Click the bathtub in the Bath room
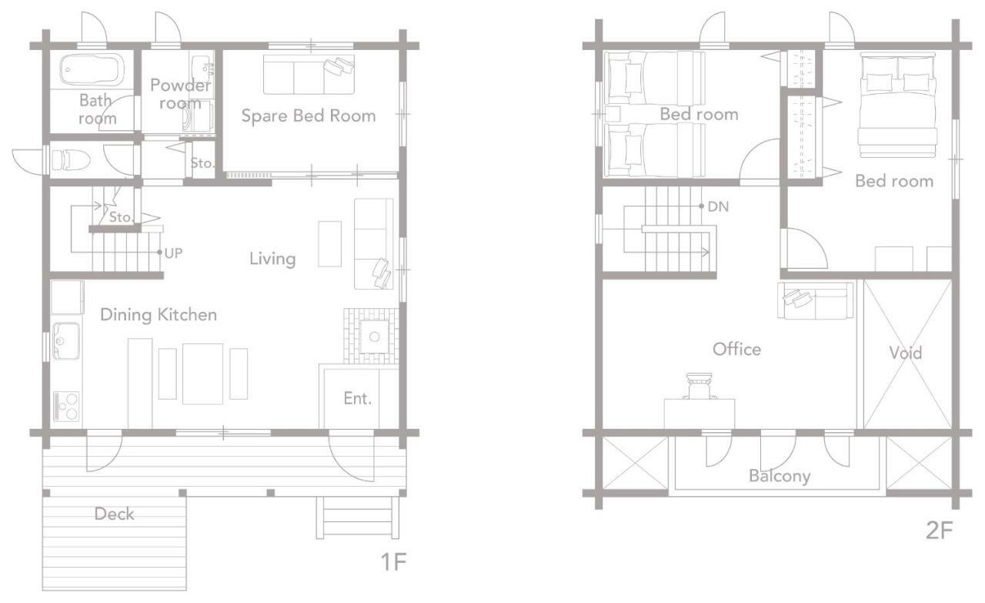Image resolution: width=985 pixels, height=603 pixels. point(92,69)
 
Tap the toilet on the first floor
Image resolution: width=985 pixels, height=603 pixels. point(71,159)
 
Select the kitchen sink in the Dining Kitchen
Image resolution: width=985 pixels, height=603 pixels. point(66,340)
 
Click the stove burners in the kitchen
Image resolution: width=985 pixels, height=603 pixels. point(66,407)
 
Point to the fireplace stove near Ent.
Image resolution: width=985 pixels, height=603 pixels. point(374,337)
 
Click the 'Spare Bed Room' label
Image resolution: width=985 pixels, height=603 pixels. point(309,116)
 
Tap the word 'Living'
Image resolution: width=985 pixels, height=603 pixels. point(272,259)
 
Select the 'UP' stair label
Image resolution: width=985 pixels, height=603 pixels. point(173,253)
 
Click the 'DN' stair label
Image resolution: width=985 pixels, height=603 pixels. point(718,206)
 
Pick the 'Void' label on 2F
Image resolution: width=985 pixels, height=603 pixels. point(906,353)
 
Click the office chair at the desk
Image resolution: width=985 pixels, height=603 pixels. point(700,387)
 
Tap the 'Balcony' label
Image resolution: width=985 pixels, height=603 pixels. point(780,476)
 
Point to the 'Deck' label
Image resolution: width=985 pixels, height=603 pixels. point(114,514)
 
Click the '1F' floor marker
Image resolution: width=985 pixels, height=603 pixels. point(393,561)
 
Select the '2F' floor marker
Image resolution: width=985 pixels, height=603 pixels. point(940,531)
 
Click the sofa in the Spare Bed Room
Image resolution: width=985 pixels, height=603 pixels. point(309,75)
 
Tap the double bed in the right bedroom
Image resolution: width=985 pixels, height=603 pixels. point(897,105)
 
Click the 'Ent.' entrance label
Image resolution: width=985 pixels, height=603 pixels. point(358,398)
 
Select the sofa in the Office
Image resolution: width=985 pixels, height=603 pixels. point(815,300)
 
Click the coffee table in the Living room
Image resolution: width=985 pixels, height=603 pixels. point(330,244)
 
